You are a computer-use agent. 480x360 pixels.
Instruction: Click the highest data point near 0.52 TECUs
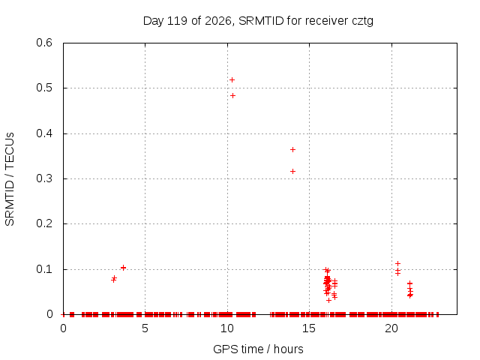(232, 80)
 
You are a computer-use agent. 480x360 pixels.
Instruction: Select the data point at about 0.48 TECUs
(232, 96)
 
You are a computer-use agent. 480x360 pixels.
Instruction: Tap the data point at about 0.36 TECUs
(292, 150)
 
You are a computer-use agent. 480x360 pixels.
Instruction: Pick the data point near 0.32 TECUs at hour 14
(292, 172)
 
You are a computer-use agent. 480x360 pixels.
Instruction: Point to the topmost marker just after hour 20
(397, 263)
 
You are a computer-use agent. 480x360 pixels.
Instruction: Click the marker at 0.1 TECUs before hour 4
(123, 268)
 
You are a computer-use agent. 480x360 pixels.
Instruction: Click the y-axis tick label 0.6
(44, 43)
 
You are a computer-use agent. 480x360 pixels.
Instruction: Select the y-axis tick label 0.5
(44, 88)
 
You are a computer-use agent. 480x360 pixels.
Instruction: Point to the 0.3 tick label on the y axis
(44, 178)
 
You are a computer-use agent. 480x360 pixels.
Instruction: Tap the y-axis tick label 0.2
(44, 223)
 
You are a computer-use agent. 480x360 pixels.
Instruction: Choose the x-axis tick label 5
(145, 328)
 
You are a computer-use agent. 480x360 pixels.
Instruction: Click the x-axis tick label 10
(227, 328)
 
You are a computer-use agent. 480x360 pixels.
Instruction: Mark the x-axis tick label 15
(309, 328)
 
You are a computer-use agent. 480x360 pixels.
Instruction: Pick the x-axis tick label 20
(391, 328)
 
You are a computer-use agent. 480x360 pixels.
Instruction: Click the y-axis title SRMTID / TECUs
(10, 179)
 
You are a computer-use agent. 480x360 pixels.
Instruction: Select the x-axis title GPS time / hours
(258, 349)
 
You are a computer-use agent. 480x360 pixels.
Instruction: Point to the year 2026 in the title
(218, 21)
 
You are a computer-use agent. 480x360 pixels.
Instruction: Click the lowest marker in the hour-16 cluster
(328, 301)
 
